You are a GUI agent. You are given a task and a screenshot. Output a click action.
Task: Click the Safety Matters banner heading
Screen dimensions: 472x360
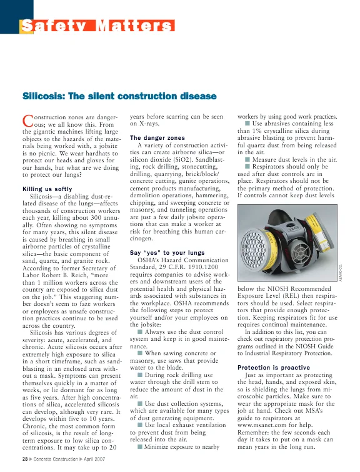(97, 26)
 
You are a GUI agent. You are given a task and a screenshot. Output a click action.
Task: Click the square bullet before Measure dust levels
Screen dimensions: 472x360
(247, 160)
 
